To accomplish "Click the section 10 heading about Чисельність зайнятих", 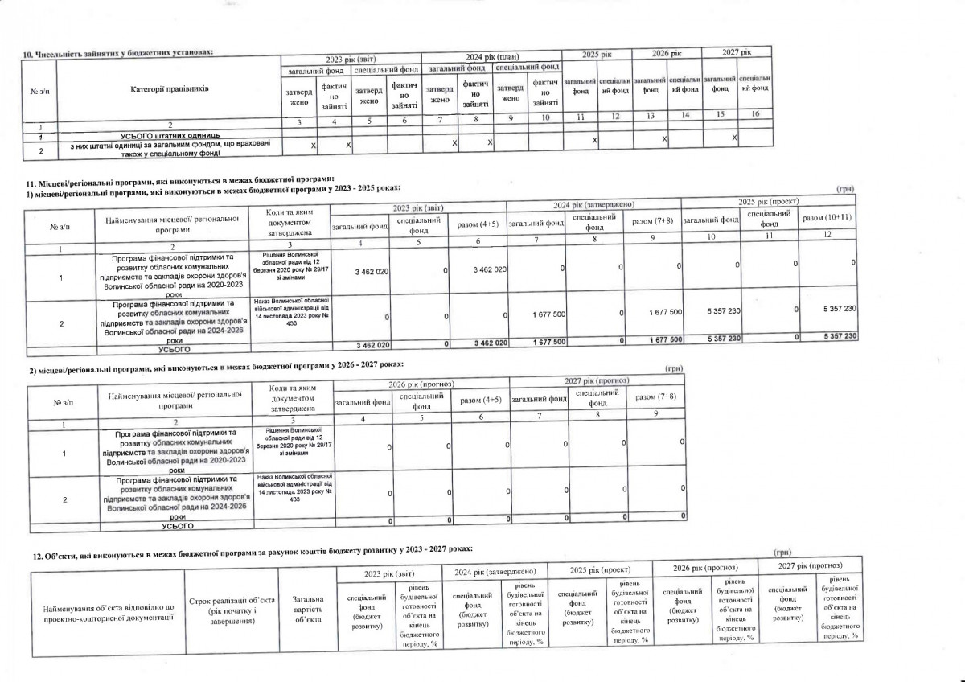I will [x=119, y=52].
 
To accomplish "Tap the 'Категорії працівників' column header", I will [x=169, y=88].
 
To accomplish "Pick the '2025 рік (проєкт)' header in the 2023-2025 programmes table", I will [x=770, y=200].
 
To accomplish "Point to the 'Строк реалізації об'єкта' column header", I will [x=232, y=610].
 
